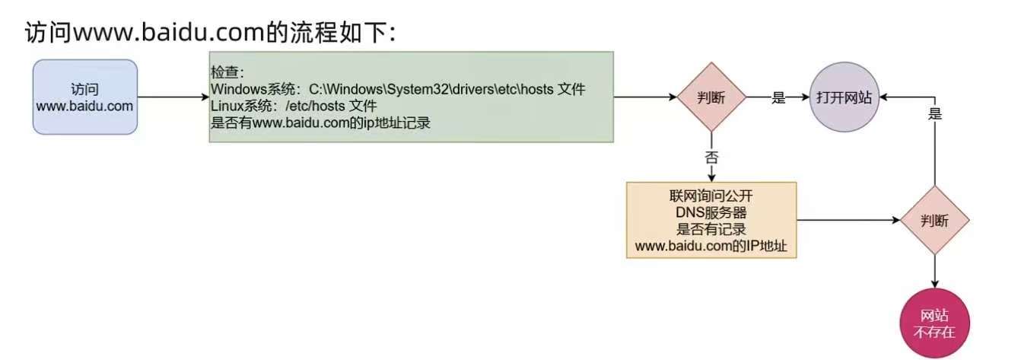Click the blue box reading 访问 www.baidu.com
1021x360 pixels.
pyautogui.click(x=84, y=97)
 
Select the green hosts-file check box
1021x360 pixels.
pyautogui.click(x=412, y=97)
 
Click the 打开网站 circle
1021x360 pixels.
pyautogui.click(x=844, y=97)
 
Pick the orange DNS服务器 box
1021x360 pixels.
pyautogui.click(x=711, y=220)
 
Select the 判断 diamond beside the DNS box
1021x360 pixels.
pyautogui.click(x=934, y=221)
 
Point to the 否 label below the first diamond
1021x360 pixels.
pyautogui.click(x=711, y=158)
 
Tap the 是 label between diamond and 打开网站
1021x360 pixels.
pyautogui.click(x=778, y=97)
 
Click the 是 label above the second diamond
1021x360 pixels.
pyautogui.click(x=935, y=114)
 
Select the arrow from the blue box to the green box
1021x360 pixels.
pyautogui.click(x=173, y=97)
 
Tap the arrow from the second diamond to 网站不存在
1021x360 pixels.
pyautogui.click(x=934, y=272)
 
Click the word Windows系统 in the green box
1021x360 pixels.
pyautogui.click(x=256, y=90)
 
